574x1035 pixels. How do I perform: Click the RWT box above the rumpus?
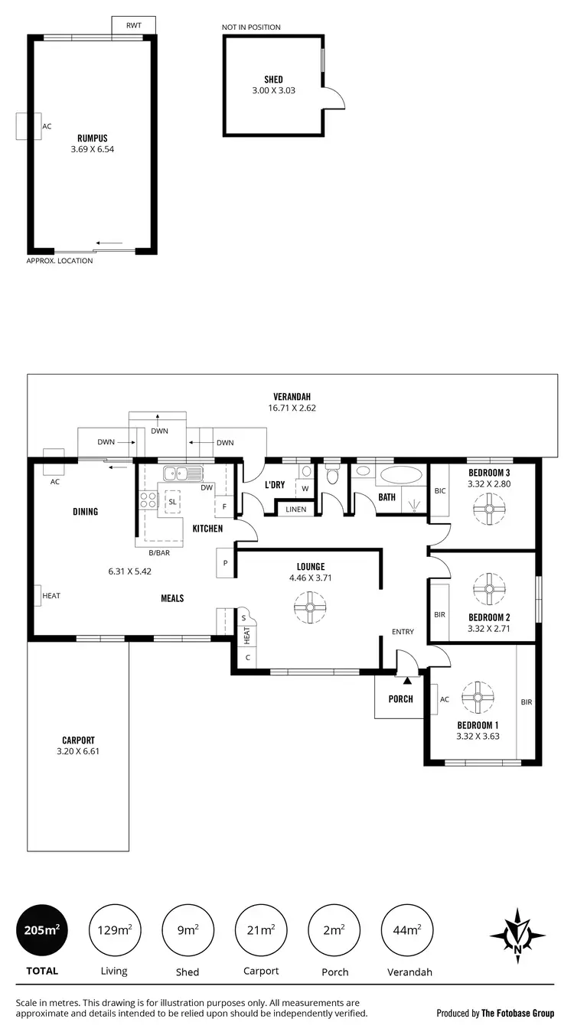coord(134,25)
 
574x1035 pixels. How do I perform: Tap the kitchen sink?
coord(182,473)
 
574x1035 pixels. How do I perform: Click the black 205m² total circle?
coord(41,930)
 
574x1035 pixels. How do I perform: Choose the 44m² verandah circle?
coord(406,930)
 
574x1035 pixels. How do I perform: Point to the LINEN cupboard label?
coord(295,509)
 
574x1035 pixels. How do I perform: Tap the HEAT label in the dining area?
coord(51,596)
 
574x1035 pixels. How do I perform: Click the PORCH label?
coord(400,698)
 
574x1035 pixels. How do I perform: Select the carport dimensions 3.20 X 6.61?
coord(78,751)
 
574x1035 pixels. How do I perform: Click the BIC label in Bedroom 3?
coord(439,490)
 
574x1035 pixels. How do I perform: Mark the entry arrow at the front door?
coord(407,679)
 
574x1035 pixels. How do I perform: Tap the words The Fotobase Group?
coord(517,1013)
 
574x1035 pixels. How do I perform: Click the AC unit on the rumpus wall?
coord(28,126)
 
